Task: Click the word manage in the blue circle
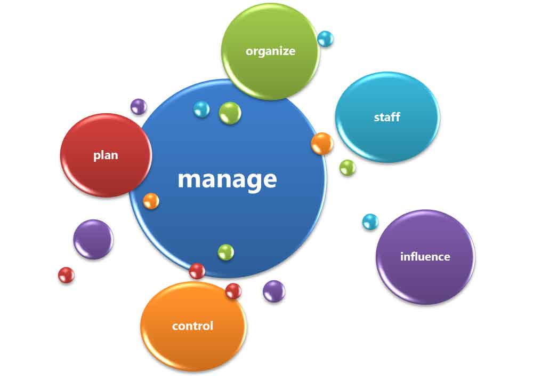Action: click(227, 179)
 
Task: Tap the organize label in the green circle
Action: click(270, 51)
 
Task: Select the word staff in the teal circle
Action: click(387, 117)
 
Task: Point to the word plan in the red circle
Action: click(106, 155)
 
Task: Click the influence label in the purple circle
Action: click(425, 256)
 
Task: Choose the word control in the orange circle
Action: click(192, 326)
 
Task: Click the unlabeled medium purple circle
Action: click(93, 239)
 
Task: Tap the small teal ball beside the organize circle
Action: click(325, 38)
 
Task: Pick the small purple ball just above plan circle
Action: click(139, 106)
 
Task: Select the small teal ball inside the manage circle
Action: click(201, 109)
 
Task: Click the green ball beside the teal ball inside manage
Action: click(230, 113)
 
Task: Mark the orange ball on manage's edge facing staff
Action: click(322, 144)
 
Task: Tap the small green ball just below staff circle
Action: click(348, 168)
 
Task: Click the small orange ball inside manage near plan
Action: click(151, 201)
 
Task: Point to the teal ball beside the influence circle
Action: click(370, 222)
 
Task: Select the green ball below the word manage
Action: click(225, 252)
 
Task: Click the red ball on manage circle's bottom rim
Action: click(197, 271)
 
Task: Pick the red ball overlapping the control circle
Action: click(233, 291)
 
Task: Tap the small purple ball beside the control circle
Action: click(274, 291)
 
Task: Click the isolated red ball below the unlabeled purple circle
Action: click(66, 275)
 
